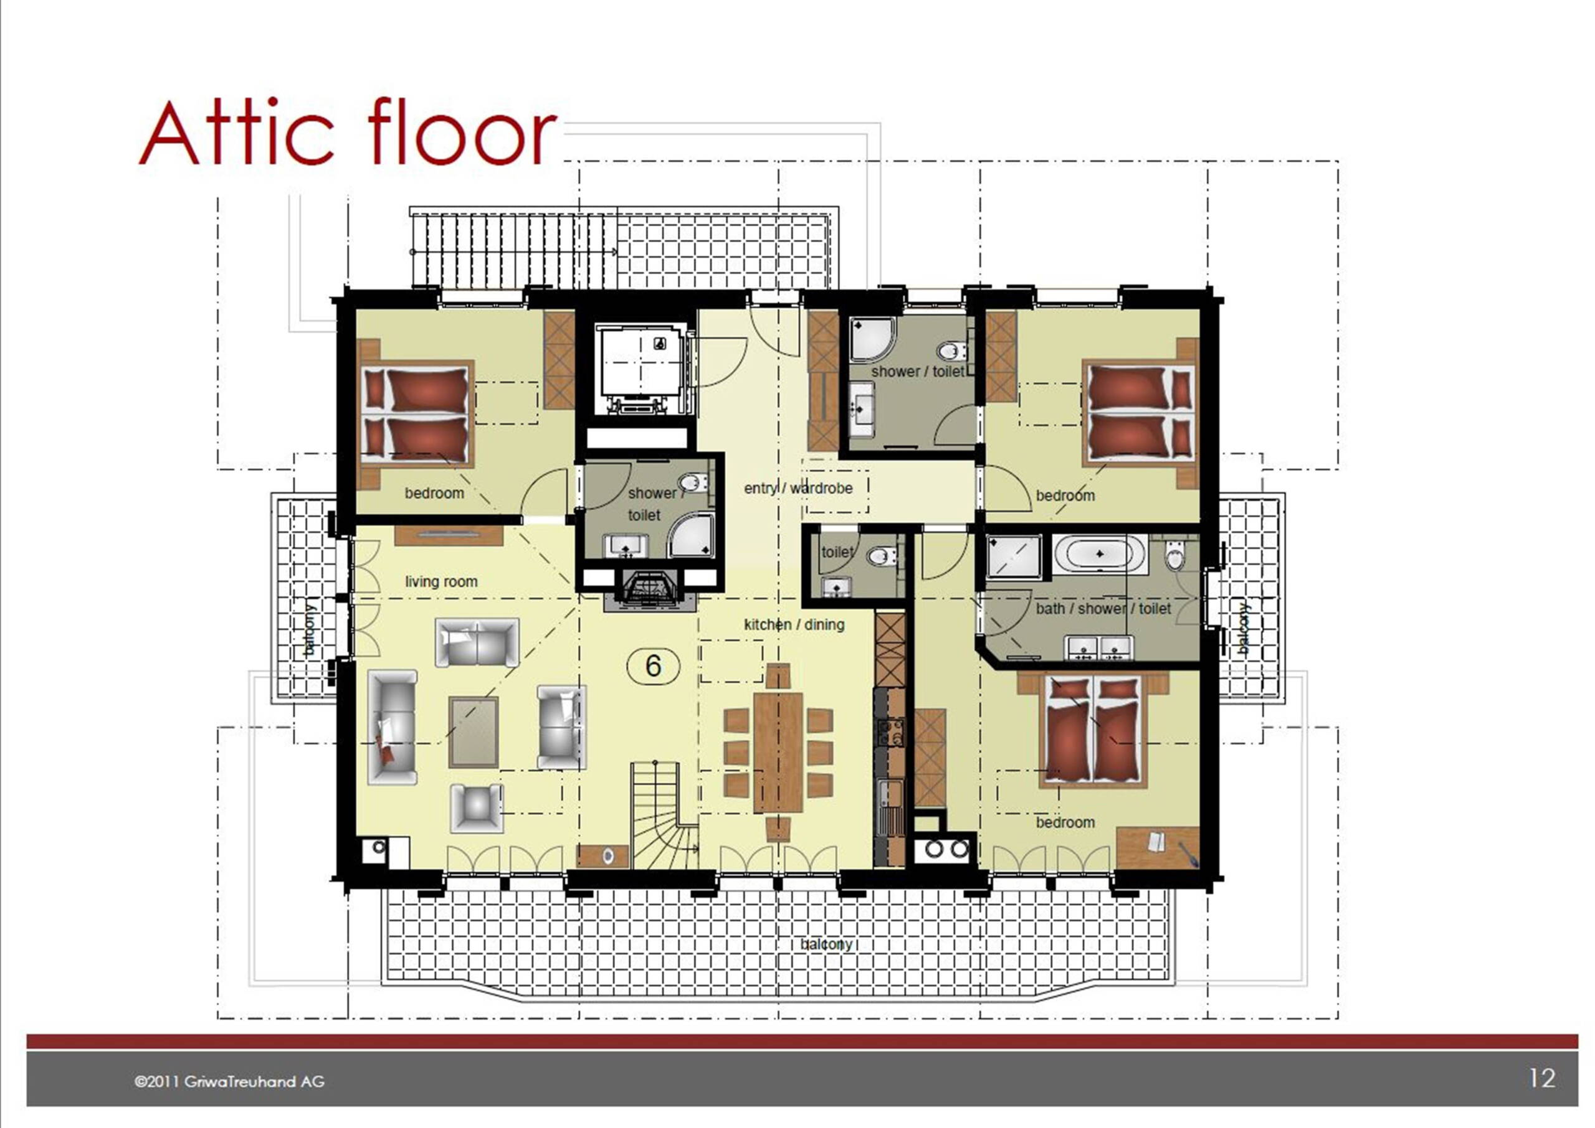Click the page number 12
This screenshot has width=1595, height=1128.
(1541, 1078)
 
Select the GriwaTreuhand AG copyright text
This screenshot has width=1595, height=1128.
(229, 1081)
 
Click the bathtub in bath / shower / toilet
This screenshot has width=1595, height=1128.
(1100, 554)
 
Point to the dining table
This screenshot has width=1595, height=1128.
(778, 751)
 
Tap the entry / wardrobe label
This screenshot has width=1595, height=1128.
(798, 488)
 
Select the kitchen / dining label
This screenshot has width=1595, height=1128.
(794, 624)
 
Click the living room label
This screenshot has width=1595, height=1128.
(441, 581)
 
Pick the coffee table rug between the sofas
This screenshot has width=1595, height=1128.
(474, 731)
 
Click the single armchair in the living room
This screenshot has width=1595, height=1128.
(476, 808)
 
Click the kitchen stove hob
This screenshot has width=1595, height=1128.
(890, 732)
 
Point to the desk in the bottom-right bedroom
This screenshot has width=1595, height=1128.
(1157, 847)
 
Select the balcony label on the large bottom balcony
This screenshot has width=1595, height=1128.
(826, 944)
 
